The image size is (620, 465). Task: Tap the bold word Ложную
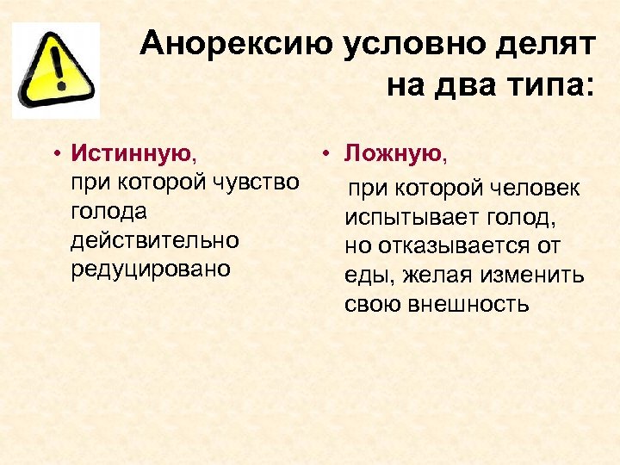393,154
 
